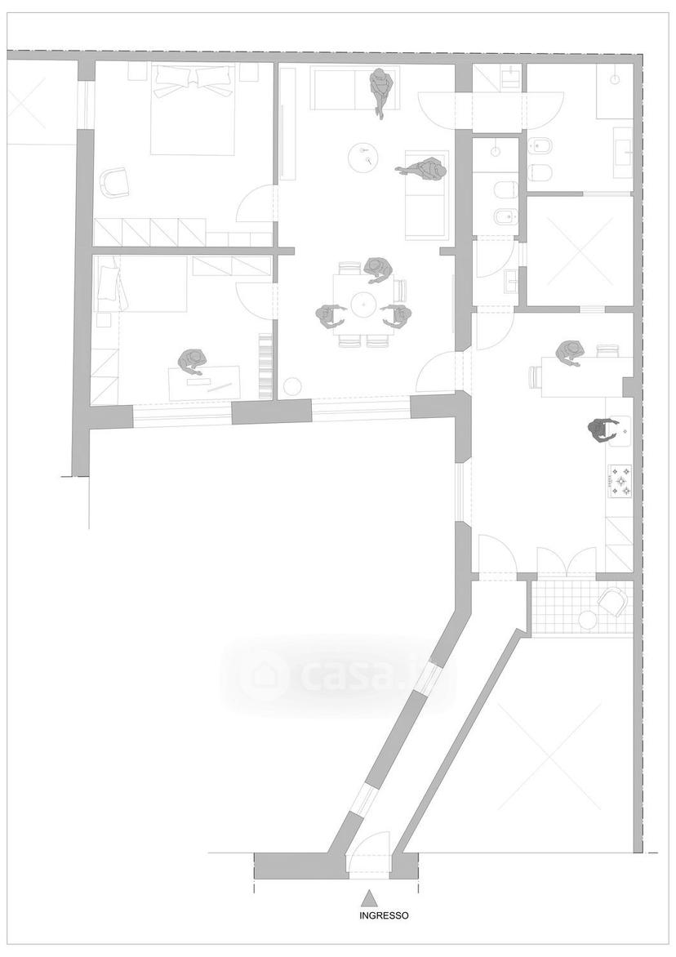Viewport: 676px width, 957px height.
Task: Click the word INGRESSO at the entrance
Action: pyautogui.click(x=384, y=915)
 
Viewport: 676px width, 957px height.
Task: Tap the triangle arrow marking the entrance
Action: pyautogui.click(x=368, y=898)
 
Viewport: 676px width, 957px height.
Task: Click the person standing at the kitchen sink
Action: pyautogui.click(x=600, y=431)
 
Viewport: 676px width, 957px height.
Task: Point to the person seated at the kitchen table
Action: pyautogui.click(x=571, y=353)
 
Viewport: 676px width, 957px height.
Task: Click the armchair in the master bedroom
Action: pyautogui.click(x=114, y=182)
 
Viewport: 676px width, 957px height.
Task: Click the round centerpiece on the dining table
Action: pyautogui.click(x=365, y=301)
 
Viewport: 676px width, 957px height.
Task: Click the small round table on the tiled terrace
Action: pyautogui.click(x=588, y=620)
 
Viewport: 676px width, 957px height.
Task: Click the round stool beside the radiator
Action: pyautogui.click(x=293, y=387)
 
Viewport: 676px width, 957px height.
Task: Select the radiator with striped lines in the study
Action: pyautogui.click(x=265, y=364)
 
